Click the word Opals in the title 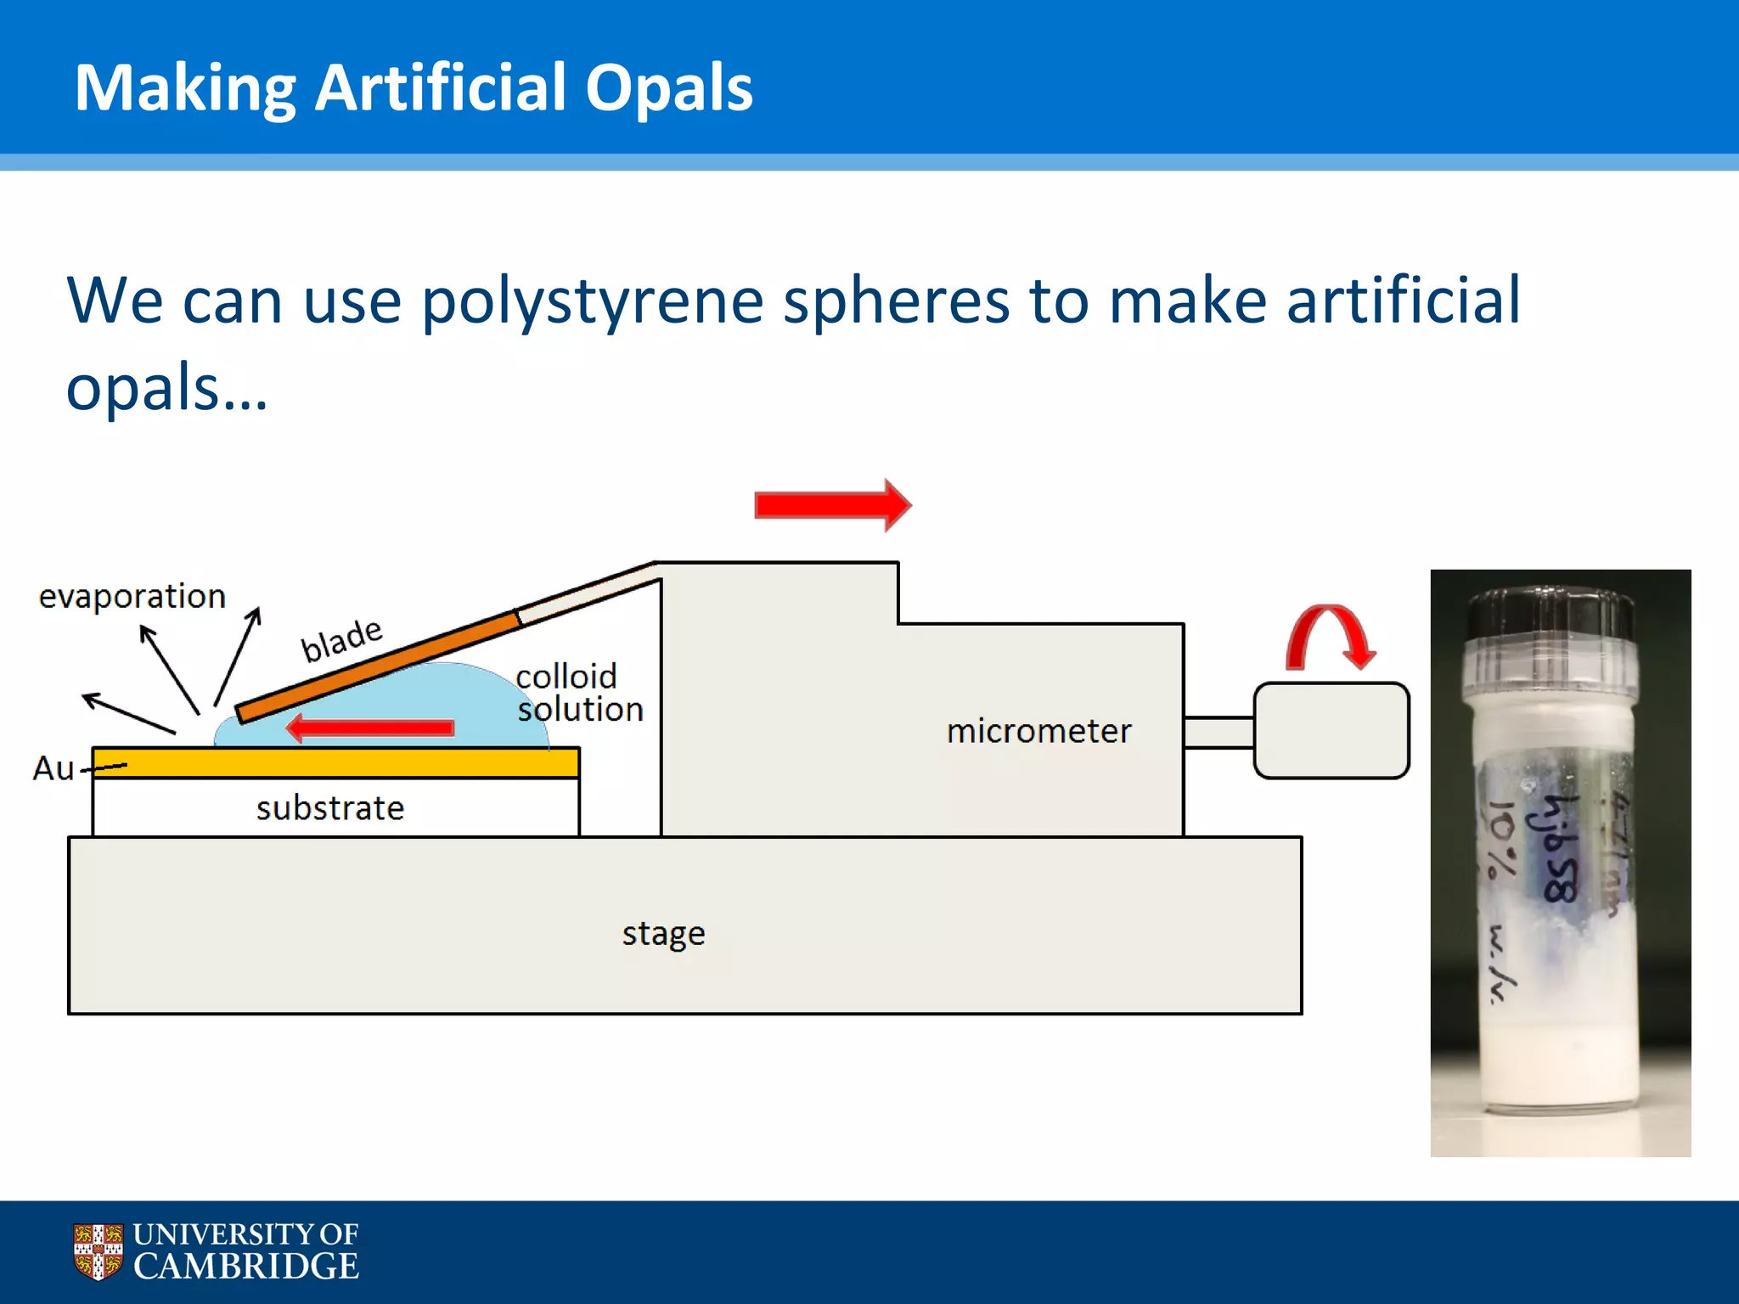668,88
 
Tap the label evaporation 132,596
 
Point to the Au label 53,768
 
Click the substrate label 330,808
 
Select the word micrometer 1038,731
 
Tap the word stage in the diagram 663,934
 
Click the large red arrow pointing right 832,505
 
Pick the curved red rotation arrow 1330,637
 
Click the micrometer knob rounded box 1331,730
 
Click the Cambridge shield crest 98,1251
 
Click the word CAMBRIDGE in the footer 246,1267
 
